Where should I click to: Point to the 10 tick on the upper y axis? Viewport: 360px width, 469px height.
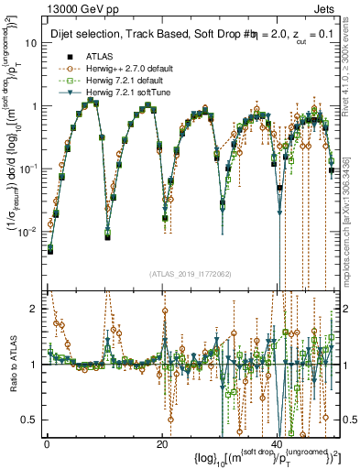[x=32, y=42]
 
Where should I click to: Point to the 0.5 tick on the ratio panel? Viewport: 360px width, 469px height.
[x=31, y=420]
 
